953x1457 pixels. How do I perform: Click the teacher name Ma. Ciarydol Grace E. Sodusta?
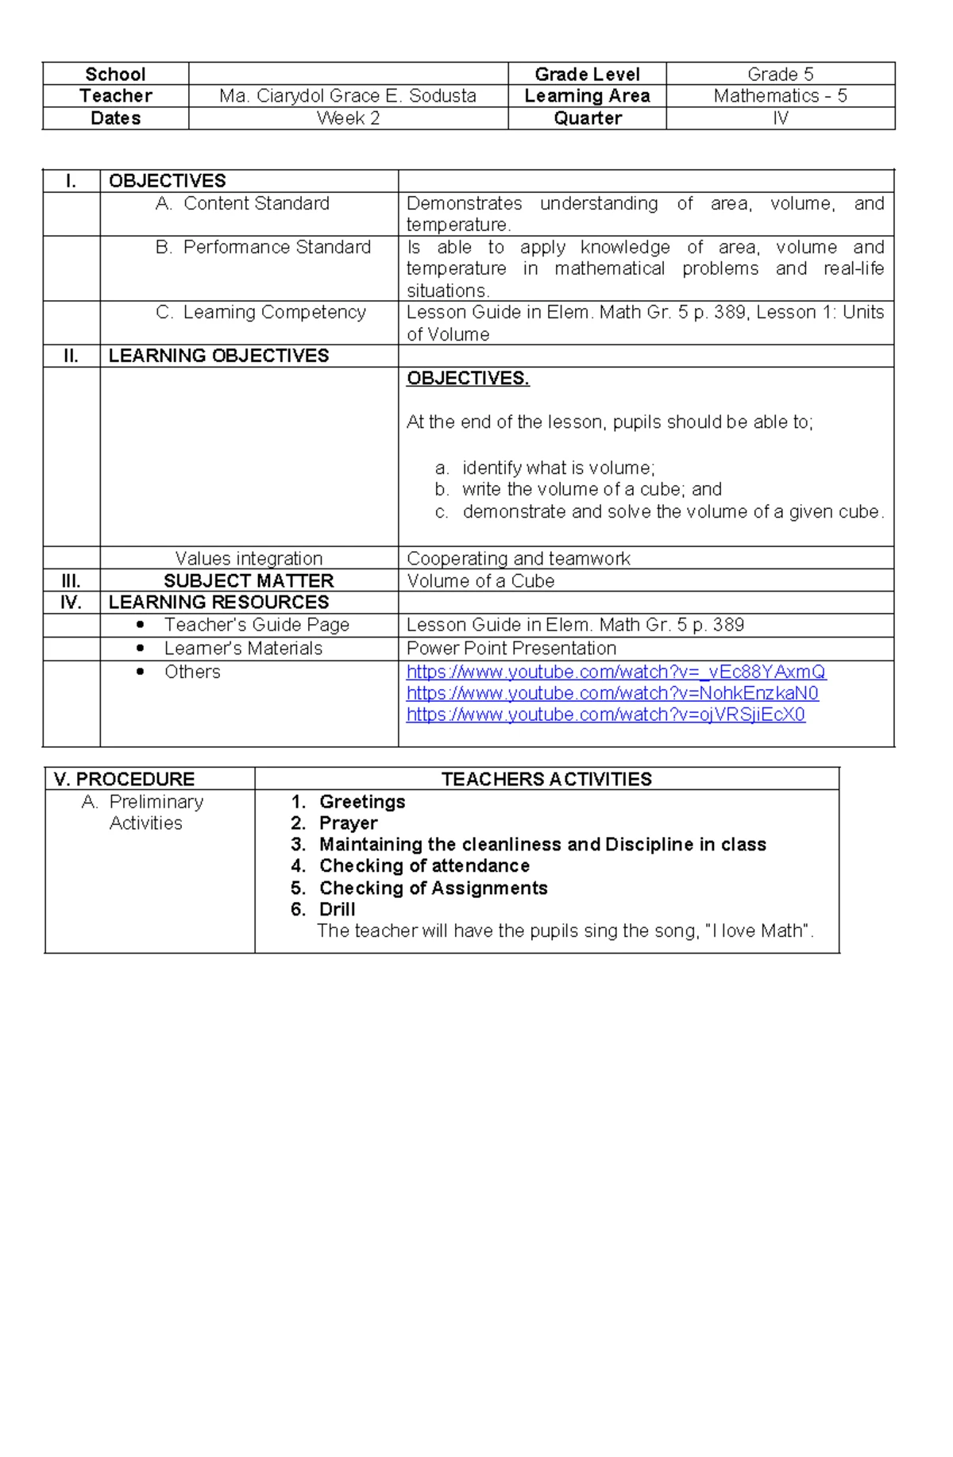tap(348, 96)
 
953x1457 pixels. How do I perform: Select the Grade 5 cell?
tap(780, 75)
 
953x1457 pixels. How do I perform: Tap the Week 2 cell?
tap(348, 118)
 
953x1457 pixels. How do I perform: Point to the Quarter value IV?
tap(780, 118)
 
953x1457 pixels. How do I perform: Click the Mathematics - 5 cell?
tap(780, 96)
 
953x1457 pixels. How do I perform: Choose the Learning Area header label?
tap(587, 96)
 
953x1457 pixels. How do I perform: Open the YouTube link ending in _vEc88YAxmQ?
tap(615, 672)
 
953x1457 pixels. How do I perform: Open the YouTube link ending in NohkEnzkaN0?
tap(612, 693)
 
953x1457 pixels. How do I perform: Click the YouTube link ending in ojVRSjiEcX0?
tap(605, 715)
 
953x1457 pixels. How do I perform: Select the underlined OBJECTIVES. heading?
tap(468, 378)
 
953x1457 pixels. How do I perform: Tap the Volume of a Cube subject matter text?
tap(480, 580)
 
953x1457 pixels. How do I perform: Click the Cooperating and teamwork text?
tap(518, 558)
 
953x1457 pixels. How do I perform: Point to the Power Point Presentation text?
tap(511, 648)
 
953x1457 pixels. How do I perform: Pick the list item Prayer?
tap(348, 823)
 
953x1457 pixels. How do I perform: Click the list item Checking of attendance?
tap(424, 865)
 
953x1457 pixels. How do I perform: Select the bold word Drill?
tap(337, 909)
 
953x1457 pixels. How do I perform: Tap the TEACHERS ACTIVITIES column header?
tap(546, 779)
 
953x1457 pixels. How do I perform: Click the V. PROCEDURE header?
tap(124, 779)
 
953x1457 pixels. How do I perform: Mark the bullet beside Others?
tap(141, 672)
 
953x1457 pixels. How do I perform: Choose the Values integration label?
tap(249, 558)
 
